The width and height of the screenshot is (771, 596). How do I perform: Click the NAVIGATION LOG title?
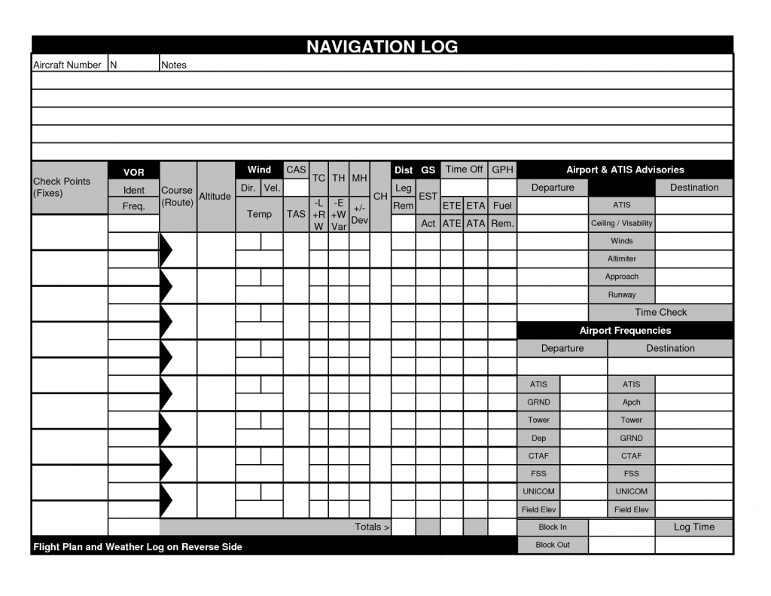point(382,47)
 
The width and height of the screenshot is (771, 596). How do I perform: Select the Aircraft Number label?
point(67,65)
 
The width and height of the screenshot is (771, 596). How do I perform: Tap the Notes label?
point(174,65)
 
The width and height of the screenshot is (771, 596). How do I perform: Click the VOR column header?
point(133,173)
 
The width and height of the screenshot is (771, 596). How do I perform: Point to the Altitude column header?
point(215,196)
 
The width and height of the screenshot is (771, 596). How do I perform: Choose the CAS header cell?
point(296,170)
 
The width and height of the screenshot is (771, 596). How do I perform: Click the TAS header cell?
point(296,214)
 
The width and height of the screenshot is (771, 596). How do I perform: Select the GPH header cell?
point(502,170)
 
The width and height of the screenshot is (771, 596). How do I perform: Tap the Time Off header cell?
point(464,170)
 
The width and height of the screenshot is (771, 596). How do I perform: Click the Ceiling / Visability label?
point(622,223)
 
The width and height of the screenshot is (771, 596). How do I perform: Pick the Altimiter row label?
point(622,258)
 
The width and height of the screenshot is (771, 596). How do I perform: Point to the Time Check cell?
point(660,312)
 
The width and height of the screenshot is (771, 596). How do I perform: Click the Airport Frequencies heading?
point(625,330)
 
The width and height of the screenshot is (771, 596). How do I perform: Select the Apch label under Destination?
point(631,402)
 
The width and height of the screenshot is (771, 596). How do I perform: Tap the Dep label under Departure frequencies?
point(538,438)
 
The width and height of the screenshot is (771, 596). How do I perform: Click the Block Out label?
point(553,545)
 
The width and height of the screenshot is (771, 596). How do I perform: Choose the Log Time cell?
point(693,527)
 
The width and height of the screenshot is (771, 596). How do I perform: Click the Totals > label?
point(372,527)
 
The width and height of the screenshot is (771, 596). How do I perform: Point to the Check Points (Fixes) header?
point(62,187)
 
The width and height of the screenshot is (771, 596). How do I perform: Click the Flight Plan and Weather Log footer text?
point(138,546)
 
